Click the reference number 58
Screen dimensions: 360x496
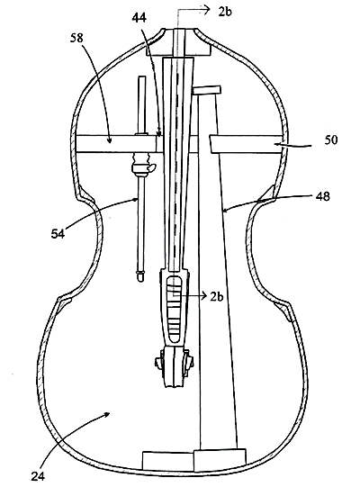tap(77, 38)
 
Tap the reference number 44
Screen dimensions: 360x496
tap(139, 18)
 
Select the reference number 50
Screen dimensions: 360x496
tap(331, 140)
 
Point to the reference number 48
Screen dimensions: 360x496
tap(323, 196)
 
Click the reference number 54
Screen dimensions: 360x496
tap(58, 234)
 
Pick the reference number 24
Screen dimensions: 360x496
tap(38, 476)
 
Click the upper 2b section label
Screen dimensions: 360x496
tap(225, 12)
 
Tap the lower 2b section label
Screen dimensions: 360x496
tap(217, 297)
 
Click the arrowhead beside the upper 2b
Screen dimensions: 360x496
tap(206, 10)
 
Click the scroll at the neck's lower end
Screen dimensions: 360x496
tap(174, 367)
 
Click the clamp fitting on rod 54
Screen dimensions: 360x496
tap(143, 165)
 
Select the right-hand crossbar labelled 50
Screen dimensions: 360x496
tap(246, 144)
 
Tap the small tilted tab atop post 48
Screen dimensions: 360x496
tap(207, 90)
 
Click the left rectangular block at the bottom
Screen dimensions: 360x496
tap(167, 461)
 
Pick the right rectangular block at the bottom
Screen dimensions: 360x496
tap(220, 460)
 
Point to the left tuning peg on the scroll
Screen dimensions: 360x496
tap(158, 361)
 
